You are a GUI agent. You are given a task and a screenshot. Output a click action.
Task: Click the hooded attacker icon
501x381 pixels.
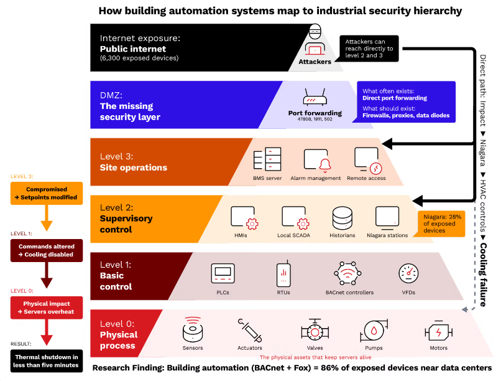click(315, 40)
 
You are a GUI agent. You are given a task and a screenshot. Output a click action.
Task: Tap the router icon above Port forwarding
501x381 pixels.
click(315, 97)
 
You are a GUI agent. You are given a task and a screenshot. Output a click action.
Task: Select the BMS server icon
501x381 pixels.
click(267, 159)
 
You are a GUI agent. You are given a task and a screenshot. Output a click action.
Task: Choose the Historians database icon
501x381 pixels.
click(342, 218)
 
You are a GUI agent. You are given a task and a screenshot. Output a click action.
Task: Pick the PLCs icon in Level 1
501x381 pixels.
click(223, 273)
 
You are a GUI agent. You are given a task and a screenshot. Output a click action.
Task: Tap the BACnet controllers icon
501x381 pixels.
click(347, 273)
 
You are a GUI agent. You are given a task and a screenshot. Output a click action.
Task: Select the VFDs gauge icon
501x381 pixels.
click(408, 273)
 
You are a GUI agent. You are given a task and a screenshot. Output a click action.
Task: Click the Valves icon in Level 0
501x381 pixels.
click(315, 331)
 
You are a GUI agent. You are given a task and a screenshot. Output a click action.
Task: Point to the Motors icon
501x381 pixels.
click(438, 332)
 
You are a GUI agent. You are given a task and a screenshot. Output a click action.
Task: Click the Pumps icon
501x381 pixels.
click(374, 331)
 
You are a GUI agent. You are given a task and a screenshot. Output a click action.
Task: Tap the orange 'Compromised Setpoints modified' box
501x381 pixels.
click(47, 193)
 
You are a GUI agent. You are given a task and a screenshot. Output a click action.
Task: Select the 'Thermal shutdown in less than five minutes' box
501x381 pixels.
click(47, 361)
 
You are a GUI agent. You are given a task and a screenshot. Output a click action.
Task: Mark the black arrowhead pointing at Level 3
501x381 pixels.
click(387, 144)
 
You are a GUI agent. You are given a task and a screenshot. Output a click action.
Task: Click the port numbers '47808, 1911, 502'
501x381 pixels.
click(315, 119)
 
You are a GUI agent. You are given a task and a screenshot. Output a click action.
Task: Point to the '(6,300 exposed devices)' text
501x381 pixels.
click(139, 59)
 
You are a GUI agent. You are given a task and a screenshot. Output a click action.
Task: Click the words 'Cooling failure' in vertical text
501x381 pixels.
click(483, 275)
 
